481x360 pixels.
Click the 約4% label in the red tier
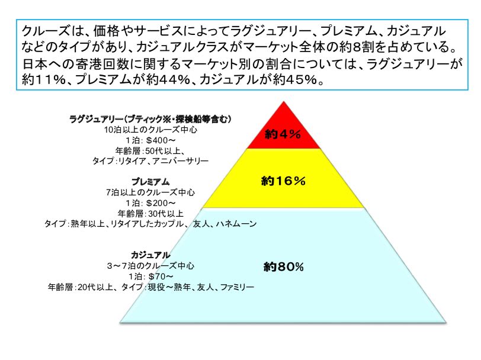283,134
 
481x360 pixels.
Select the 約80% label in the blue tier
283,267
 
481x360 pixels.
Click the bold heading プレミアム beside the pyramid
150,181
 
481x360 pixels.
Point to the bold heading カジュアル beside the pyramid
150,255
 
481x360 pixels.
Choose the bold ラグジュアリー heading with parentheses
150,119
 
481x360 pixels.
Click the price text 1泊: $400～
150,140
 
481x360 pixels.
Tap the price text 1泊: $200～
150,202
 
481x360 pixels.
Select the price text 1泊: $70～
150,277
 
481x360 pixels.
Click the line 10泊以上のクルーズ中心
150,129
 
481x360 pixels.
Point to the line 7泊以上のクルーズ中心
150,192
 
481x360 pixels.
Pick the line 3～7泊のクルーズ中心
150,266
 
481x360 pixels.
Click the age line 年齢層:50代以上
150,150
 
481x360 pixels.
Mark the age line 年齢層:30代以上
150,213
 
